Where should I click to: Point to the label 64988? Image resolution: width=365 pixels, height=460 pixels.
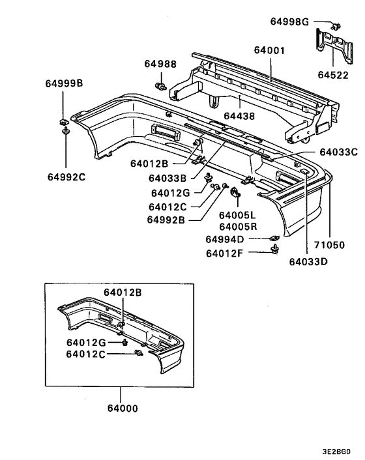pyautogui.click(x=160, y=64)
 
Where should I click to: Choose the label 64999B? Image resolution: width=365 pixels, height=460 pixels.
pyautogui.click(x=64, y=83)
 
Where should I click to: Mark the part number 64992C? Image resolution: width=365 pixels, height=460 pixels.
pyautogui.click(x=66, y=175)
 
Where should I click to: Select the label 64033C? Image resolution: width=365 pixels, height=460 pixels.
pyautogui.click(x=338, y=152)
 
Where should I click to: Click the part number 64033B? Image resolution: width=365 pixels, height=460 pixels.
pyautogui.click(x=168, y=178)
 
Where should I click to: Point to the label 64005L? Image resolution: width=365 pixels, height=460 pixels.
pyautogui.click(x=239, y=215)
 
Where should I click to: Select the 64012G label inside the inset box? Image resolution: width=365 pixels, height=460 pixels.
pyautogui.click(x=86, y=342)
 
